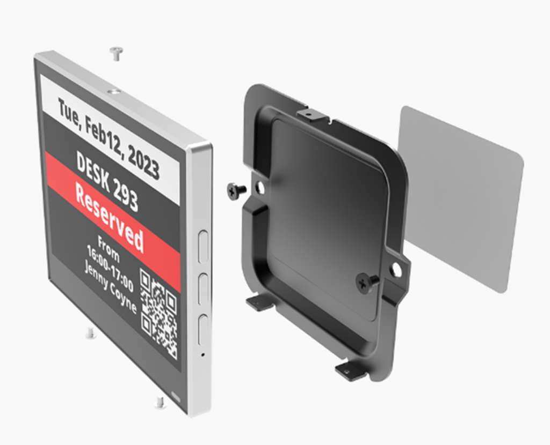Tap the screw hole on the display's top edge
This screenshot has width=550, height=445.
113,92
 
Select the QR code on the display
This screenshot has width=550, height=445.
158,314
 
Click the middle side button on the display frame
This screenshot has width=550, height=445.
203,290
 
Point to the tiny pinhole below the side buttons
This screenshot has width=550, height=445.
202,354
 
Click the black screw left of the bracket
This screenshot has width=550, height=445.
236,190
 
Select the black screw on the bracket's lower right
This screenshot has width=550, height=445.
366,282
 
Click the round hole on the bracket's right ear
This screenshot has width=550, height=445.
397,270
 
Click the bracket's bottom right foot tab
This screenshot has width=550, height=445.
350,370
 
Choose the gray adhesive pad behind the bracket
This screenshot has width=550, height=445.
462,198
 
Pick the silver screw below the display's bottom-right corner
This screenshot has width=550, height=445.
160,402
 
